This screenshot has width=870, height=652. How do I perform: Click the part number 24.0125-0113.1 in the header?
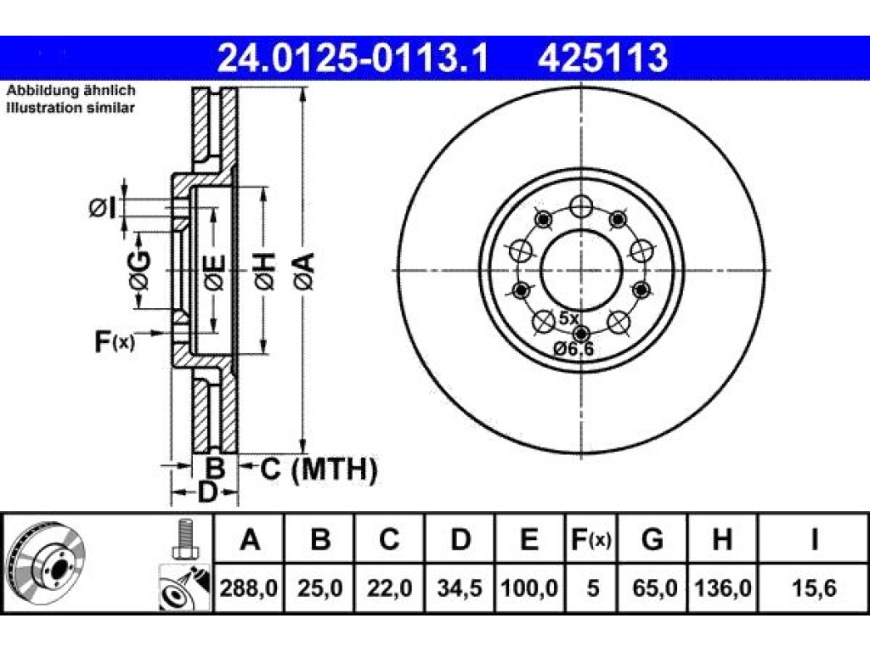(x=353, y=59)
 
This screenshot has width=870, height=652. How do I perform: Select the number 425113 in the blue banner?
(x=602, y=59)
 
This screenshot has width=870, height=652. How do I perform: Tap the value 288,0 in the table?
(x=249, y=587)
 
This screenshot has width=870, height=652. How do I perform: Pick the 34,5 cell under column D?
(x=460, y=587)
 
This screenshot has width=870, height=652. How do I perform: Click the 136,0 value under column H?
(x=722, y=587)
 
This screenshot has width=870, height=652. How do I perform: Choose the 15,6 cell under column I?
(x=813, y=587)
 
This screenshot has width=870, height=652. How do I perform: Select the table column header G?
(x=652, y=539)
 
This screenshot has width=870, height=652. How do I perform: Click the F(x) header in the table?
(x=591, y=539)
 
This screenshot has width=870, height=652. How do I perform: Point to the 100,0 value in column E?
(x=529, y=587)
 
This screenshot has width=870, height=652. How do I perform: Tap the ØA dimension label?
(x=305, y=271)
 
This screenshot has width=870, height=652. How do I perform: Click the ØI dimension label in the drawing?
(x=103, y=209)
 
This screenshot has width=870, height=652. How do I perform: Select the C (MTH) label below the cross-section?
(x=319, y=469)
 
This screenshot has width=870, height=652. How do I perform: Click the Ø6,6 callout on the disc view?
(x=573, y=349)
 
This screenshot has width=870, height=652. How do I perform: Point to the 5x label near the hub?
(x=568, y=318)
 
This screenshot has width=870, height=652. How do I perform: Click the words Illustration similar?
(x=71, y=108)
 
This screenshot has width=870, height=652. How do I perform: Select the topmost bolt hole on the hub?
(x=581, y=208)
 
